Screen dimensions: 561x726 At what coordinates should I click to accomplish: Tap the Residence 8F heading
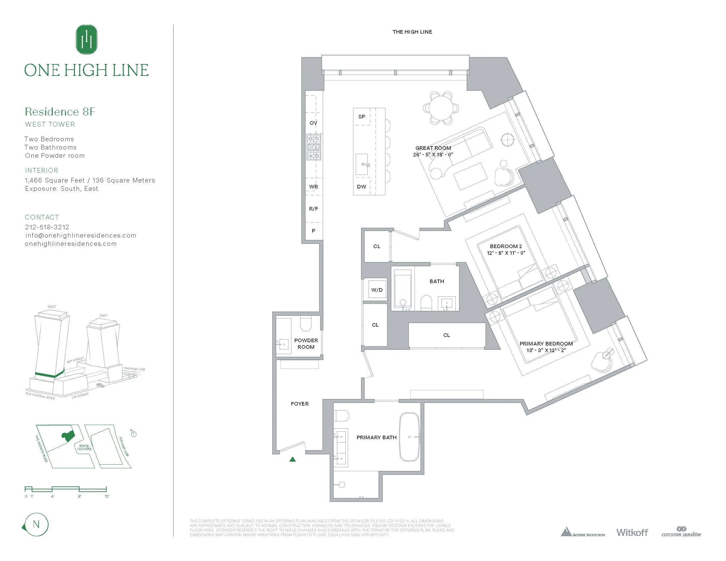pyautogui.click(x=60, y=112)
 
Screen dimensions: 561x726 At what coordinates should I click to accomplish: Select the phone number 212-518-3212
pyautogui.click(x=47, y=227)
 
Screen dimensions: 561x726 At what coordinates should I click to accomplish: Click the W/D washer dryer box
pyautogui.click(x=377, y=290)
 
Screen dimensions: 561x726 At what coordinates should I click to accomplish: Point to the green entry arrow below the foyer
pyautogui.click(x=292, y=459)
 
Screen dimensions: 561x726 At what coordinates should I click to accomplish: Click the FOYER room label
pyautogui.click(x=300, y=404)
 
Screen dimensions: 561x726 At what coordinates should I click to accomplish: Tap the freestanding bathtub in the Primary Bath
pyautogui.click(x=409, y=437)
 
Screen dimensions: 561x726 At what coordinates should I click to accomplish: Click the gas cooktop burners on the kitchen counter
pyautogui.click(x=314, y=147)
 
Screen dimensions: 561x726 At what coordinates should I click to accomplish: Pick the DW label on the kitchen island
pyautogui.click(x=361, y=186)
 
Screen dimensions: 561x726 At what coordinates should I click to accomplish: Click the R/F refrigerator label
pyautogui.click(x=313, y=209)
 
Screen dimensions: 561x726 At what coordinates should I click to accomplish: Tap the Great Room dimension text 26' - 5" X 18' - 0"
pyautogui.click(x=433, y=154)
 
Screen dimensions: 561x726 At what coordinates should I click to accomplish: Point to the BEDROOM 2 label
pyautogui.click(x=506, y=246)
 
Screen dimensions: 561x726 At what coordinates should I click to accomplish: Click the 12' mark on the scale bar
pyautogui.click(x=107, y=496)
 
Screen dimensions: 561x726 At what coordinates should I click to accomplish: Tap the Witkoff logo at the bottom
pyautogui.click(x=632, y=532)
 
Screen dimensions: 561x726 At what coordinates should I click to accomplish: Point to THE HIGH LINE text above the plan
pyautogui.click(x=412, y=32)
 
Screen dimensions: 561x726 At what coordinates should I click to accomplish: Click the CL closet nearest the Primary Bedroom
pyautogui.click(x=446, y=335)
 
